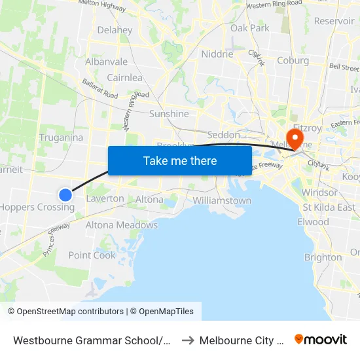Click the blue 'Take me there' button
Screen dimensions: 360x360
[x=180, y=160]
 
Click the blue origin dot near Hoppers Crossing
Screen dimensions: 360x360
[x=65, y=194]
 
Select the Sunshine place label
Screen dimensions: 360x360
[x=169, y=114]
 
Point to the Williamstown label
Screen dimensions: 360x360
[x=222, y=200]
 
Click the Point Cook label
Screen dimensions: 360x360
[x=92, y=255]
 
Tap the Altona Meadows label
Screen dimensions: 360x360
[x=122, y=225]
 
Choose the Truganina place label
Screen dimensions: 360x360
[x=61, y=137]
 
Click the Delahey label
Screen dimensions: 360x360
[x=115, y=30]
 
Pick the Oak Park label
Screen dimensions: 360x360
[x=250, y=28]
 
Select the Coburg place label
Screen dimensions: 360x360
[x=293, y=61]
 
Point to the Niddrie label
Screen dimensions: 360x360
[x=217, y=54]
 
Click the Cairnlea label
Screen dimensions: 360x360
[x=124, y=78]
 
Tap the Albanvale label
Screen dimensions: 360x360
[x=107, y=62]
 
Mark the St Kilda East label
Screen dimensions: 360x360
[x=329, y=207]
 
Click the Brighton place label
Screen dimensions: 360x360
[x=323, y=257]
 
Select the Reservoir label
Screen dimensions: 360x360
[x=334, y=21]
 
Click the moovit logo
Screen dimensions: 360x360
[x=321, y=339]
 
